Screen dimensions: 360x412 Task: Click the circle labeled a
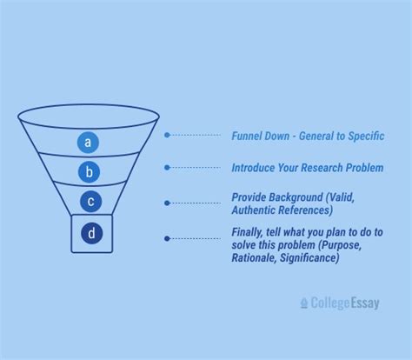[x=88, y=141]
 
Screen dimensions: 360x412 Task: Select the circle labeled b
[x=88, y=171]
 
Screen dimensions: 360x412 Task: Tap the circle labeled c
[x=90, y=202]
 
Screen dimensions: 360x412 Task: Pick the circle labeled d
[x=90, y=233]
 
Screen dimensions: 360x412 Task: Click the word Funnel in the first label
[x=247, y=137]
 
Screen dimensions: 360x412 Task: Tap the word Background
[x=297, y=197]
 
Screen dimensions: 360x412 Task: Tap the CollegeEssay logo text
[x=345, y=303]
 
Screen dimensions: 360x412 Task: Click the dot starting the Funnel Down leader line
[x=167, y=136]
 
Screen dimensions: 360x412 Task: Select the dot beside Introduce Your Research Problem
[x=167, y=167]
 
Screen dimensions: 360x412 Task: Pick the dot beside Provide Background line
[x=167, y=203]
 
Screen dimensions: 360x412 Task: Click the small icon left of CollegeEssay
[x=304, y=303]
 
